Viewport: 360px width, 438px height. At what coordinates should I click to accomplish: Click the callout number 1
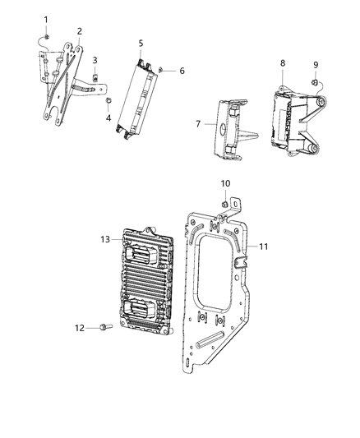46,19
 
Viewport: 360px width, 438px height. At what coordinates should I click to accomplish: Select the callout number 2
79,31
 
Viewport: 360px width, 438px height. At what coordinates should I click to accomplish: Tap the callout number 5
141,43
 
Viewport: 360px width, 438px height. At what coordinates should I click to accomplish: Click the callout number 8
282,62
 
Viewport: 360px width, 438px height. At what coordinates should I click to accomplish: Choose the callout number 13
105,239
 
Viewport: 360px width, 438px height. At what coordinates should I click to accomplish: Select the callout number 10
226,182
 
